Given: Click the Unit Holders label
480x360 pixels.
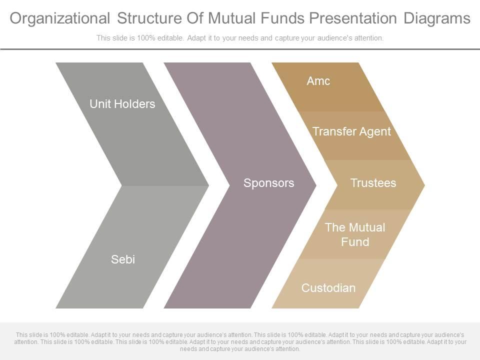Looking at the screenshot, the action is pyautogui.click(x=122, y=104).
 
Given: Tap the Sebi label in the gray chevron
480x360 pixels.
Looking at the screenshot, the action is pyautogui.click(x=123, y=259).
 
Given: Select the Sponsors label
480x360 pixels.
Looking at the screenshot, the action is pyautogui.click(x=269, y=183).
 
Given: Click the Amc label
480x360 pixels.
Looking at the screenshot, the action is pyautogui.click(x=318, y=81).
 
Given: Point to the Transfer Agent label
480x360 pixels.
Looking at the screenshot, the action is pyautogui.click(x=351, y=131).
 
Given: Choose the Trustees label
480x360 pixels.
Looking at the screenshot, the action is pyautogui.click(x=373, y=183).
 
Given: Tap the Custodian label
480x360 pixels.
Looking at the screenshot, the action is pyautogui.click(x=328, y=288).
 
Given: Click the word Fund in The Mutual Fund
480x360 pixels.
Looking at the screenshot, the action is pyautogui.click(x=355, y=242).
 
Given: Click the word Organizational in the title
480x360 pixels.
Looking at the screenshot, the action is pyautogui.click(x=60, y=18).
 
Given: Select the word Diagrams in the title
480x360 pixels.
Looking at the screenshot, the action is pyautogui.click(x=437, y=18).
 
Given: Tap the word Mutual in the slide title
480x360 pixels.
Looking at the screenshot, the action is pyautogui.click(x=231, y=18).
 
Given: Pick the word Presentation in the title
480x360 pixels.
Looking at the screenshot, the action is pyautogui.click(x=353, y=18).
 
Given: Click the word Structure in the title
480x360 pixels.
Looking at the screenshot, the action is pyautogui.click(x=149, y=18).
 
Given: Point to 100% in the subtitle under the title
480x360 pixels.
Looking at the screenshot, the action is pyautogui.click(x=146, y=38).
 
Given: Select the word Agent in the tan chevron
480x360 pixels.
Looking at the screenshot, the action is pyautogui.click(x=375, y=132).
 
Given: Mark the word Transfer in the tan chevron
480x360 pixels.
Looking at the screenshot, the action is pyautogui.click(x=334, y=131).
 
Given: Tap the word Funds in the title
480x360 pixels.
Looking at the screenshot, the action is pyautogui.click(x=282, y=18).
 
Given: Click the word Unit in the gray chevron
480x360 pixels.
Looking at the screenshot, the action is pyautogui.click(x=101, y=104).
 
